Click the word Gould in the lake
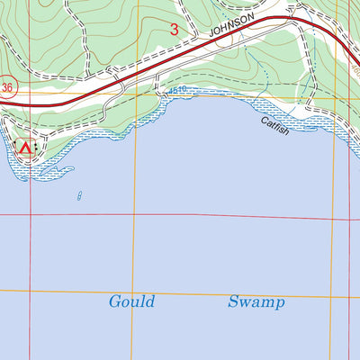click(131, 301)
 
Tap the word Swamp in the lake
click(256, 302)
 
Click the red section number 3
click(174, 30)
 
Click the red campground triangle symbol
click(25, 148)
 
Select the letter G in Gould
click(114, 301)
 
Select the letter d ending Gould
click(149, 301)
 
